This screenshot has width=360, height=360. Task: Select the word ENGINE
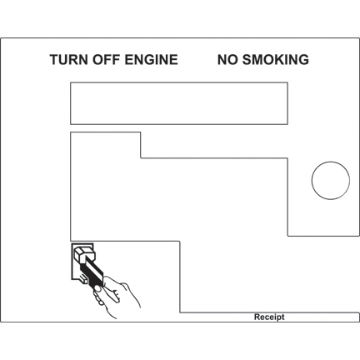coord(151,60)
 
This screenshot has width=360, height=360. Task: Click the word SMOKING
coord(276,60)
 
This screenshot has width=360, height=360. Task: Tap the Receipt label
coord(269,317)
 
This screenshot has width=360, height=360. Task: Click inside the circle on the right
coord(331,181)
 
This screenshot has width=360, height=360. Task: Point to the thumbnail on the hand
coord(97,288)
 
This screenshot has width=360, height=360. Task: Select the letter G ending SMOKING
coord(303,60)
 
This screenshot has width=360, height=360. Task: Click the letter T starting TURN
coord(54,60)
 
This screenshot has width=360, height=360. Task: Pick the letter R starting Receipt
coord(257,317)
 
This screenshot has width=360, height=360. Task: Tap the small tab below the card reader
coord(83,279)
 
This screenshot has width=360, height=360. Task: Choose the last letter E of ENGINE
coord(173,60)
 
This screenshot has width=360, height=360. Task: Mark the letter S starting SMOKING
coord(247,60)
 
